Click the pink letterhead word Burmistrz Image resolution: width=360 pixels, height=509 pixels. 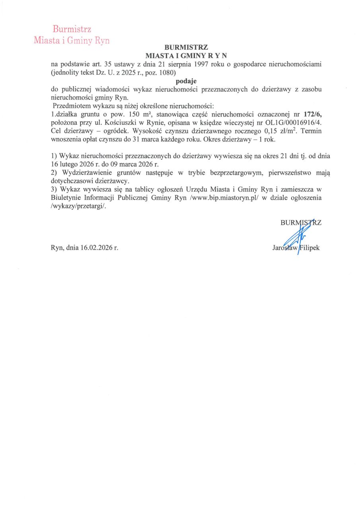tap(72, 29)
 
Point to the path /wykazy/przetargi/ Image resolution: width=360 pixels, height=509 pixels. tap(79, 206)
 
